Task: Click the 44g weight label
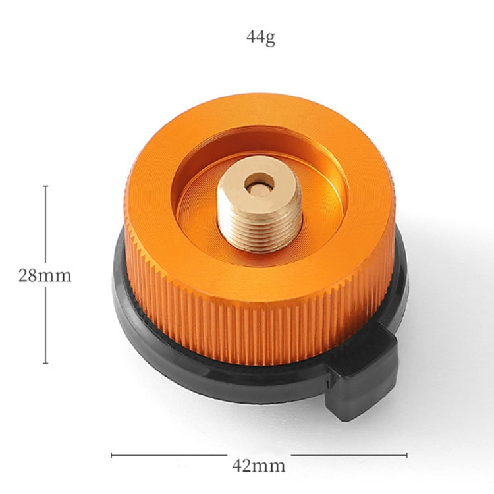[260, 38]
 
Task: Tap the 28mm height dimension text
[44, 275]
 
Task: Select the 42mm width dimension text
[259, 466]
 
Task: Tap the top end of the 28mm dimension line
[45, 186]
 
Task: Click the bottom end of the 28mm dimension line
[45, 363]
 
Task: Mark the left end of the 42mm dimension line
[112, 454]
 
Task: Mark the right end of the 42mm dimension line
[406, 454]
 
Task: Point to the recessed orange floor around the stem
[198, 211]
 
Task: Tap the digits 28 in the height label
[27, 275]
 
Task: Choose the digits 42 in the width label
[241, 466]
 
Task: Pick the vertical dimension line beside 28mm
[45, 224]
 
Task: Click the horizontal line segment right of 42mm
[349, 454]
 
